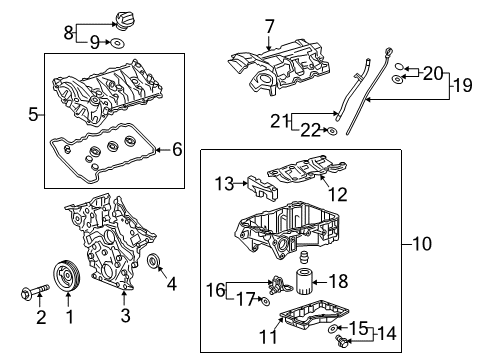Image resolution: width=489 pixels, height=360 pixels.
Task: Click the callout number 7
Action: [x=269, y=25]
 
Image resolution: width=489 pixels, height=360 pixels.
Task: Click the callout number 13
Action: [x=223, y=182]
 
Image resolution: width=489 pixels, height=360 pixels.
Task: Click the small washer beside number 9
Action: [x=117, y=43]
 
